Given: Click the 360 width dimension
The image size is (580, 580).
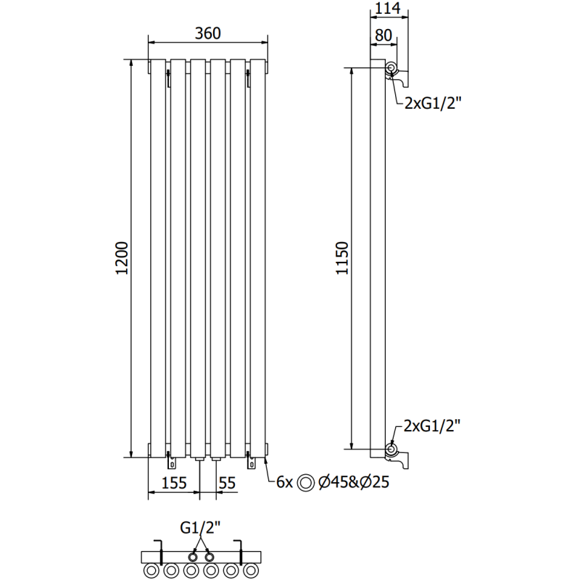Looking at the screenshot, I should click(207, 33).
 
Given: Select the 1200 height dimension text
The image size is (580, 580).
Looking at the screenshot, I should click(122, 257).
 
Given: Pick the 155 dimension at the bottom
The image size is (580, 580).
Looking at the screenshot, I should click(174, 481).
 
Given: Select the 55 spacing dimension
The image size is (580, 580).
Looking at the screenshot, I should click(227, 481).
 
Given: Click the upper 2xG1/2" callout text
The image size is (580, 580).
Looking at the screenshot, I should click(434, 104).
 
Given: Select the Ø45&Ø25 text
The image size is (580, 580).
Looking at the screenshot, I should click(349, 481).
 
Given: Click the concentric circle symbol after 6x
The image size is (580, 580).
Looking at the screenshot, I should click(307, 482).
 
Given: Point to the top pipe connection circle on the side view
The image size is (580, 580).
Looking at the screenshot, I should click(391, 69).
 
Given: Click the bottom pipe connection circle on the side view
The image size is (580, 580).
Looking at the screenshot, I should click(391, 449).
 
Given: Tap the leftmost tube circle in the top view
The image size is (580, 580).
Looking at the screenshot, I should click(153, 571).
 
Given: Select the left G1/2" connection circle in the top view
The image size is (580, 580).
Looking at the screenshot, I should click(193, 557).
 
